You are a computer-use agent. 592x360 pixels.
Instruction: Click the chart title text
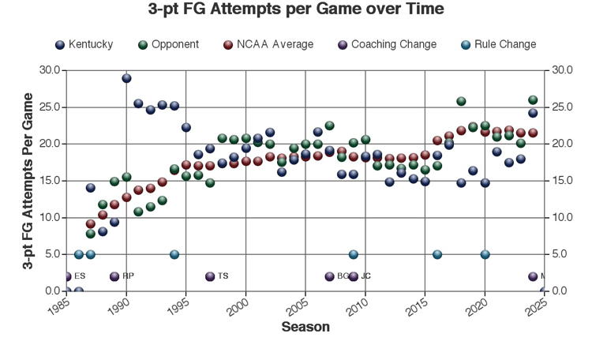click(x=296, y=9)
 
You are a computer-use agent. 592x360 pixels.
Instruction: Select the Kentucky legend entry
click(x=84, y=44)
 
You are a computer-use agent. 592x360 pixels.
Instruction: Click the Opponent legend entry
click(x=167, y=44)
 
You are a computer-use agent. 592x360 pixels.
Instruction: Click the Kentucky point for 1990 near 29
click(x=126, y=78)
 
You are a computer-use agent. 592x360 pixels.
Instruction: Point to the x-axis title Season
click(x=305, y=327)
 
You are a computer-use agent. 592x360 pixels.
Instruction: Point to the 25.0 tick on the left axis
click(x=51, y=107)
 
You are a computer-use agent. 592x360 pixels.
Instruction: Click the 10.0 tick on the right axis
click(x=563, y=218)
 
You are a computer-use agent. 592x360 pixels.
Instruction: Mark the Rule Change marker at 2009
click(x=354, y=254)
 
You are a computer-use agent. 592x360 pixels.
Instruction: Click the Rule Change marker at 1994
click(x=174, y=254)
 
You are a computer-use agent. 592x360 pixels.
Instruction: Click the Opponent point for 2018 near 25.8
click(x=461, y=101)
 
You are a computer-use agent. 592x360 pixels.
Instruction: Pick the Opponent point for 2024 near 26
click(x=533, y=100)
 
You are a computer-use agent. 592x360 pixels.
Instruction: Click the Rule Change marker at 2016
click(x=437, y=254)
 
